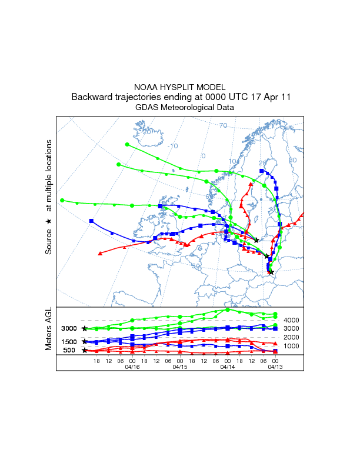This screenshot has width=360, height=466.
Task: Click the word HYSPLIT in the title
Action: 180,86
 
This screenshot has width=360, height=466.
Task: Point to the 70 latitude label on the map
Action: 223,125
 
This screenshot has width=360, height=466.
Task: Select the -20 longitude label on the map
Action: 147,132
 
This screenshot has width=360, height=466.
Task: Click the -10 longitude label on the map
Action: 172,146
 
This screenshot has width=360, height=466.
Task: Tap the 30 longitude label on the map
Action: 293,160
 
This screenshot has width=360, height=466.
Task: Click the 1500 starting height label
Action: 69,342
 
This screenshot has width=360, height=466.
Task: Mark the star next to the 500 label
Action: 85,351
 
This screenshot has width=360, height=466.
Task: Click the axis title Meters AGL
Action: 49,330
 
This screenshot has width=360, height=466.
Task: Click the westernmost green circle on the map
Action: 62,200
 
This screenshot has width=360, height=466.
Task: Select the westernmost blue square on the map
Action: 91,221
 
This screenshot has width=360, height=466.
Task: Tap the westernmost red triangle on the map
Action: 101,254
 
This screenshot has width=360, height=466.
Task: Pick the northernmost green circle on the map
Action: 127,144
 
